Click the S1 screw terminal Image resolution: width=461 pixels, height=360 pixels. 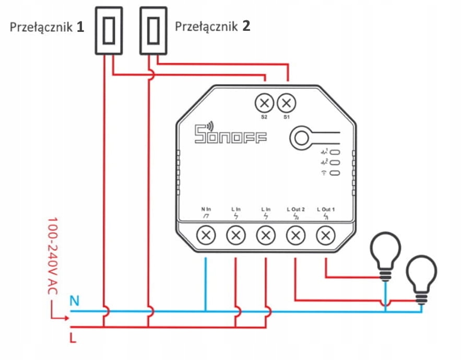click(x=286, y=102)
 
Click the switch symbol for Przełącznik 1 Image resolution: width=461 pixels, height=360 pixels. click(x=108, y=30)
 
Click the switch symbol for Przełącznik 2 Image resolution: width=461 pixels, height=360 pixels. click(x=153, y=30)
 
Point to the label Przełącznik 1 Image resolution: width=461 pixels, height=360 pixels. click(x=47, y=27)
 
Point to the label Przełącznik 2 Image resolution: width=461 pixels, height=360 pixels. click(x=212, y=26)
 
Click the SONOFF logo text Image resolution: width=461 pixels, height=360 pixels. click(x=230, y=135)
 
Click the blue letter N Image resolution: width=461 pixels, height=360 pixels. click(x=75, y=301)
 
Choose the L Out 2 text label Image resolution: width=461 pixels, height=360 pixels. click(x=296, y=210)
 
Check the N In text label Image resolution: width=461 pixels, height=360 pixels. click(x=206, y=210)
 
